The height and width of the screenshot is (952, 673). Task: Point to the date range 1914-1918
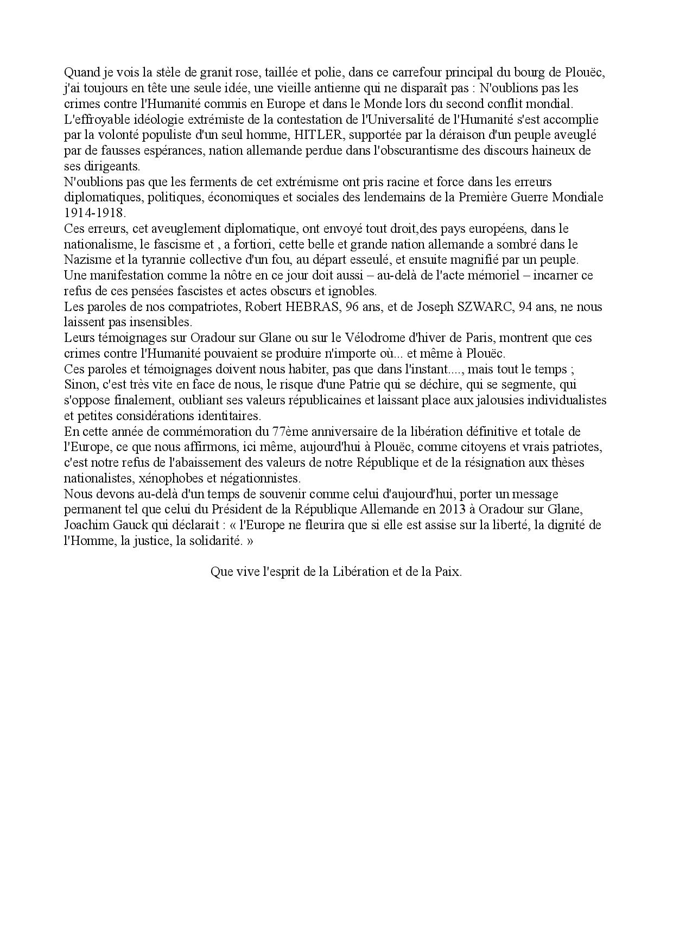point(94,213)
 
